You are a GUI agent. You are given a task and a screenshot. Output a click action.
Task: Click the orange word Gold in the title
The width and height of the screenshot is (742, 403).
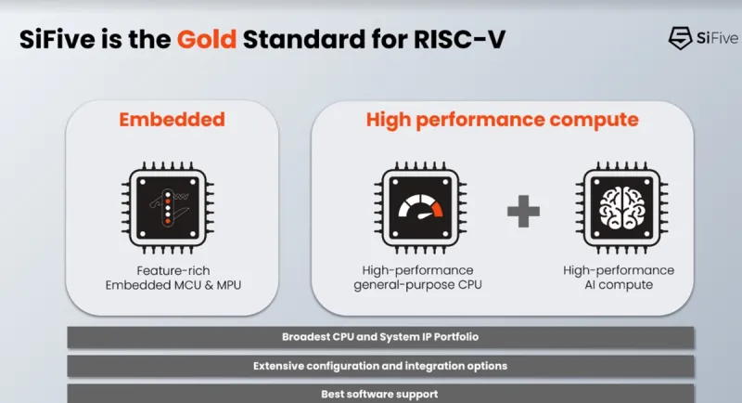coord(206,39)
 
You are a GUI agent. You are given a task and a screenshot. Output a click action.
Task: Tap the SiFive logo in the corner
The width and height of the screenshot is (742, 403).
coord(704,38)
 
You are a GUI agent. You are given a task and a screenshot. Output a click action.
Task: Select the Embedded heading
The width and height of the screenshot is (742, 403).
coord(172,120)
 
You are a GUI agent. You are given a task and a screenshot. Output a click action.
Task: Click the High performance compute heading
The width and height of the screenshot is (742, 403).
coord(502,120)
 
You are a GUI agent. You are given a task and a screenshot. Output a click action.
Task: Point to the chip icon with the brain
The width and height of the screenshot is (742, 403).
coord(621,208)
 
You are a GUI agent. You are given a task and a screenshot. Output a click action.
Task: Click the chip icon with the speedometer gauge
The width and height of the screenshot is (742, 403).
coord(420,208)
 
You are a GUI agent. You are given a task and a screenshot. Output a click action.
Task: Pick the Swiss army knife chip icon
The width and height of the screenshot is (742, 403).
coord(168,208)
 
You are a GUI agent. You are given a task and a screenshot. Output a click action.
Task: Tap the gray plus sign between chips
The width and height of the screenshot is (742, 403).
coord(523,211)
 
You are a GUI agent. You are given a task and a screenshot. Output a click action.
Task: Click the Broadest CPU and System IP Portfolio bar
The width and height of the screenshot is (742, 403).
coord(380,337)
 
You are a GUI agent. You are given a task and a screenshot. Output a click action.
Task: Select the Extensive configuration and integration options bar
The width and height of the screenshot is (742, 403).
coord(380,366)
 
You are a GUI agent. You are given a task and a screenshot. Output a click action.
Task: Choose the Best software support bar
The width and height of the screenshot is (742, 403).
coord(380,394)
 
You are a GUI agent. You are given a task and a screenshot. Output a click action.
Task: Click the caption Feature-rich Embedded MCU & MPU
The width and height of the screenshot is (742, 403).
coord(173,278)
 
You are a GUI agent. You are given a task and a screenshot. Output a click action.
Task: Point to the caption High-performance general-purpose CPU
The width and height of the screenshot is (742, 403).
coord(418,278)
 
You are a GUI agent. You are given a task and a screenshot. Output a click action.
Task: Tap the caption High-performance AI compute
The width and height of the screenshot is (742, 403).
coord(619,278)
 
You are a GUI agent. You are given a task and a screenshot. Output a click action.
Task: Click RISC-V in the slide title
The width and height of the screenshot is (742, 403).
coord(459,39)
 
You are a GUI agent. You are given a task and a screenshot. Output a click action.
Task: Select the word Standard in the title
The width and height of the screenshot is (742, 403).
coord(304,39)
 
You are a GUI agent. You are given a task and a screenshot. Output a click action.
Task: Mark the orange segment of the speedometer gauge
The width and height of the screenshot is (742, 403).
coord(436,208)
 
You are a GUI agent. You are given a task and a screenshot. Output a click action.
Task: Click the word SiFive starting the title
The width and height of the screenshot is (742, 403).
coord(57,39)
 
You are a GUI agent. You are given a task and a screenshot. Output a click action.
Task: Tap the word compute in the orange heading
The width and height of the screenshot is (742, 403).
coord(594,121)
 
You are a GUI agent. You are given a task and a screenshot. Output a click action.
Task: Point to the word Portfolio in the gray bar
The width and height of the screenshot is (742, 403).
coord(456,337)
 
